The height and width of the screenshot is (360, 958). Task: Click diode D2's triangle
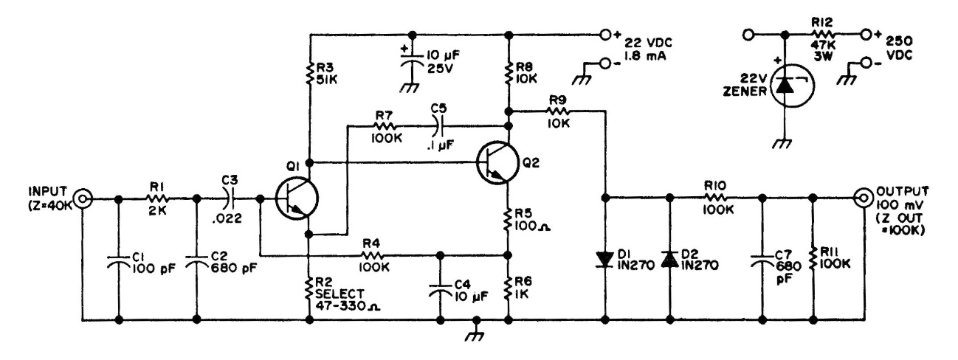(x=669, y=259)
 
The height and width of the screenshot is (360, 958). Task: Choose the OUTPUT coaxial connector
(x=861, y=198)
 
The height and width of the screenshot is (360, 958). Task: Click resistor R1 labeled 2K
(x=159, y=198)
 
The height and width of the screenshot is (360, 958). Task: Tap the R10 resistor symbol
(x=716, y=198)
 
